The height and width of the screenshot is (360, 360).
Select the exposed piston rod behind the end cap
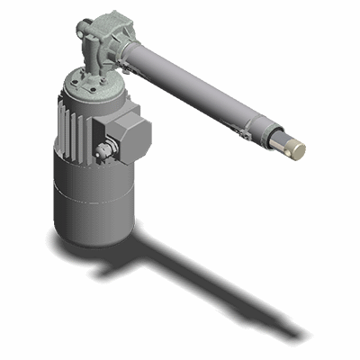tap(280, 139)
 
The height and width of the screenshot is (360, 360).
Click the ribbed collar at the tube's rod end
tap(266, 131)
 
